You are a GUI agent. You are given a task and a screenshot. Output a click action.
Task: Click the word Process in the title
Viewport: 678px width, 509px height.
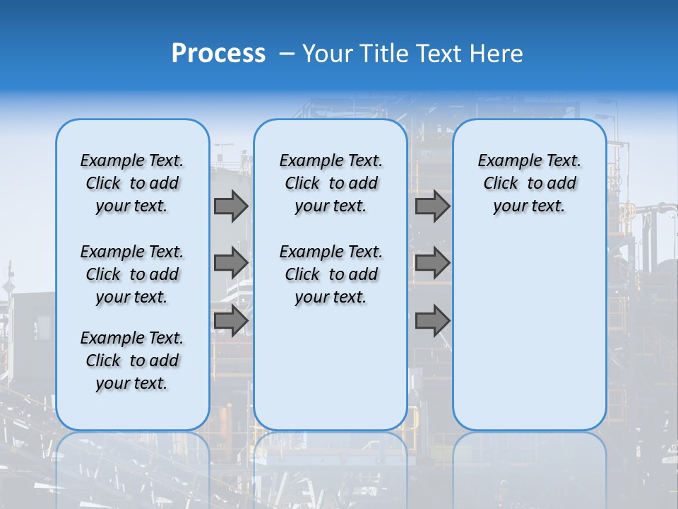[x=218, y=54]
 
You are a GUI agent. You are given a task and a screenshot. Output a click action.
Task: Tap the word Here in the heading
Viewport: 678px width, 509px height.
[x=497, y=54]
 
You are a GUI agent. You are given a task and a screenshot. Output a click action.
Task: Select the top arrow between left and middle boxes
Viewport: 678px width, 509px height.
[x=231, y=206]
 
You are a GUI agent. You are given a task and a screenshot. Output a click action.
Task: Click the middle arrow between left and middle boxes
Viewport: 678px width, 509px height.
[x=231, y=263]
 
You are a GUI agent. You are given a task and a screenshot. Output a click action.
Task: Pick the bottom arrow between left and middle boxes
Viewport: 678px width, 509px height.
[x=231, y=320]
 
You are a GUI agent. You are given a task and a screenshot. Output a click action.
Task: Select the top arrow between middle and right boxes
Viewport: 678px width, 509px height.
[x=432, y=206]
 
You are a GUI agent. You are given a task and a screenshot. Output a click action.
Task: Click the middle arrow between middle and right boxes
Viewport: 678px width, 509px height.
[x=432, y=263]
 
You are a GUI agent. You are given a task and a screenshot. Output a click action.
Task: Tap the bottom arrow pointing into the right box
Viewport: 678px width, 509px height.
[x=432, y=320]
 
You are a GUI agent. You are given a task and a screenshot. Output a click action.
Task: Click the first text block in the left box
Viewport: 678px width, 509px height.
[x=132, y=183]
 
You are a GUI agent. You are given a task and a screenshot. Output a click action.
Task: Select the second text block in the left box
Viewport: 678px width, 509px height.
[x=132, y=274]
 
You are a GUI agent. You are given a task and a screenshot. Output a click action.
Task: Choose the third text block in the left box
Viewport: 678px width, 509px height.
[x=132, y=361]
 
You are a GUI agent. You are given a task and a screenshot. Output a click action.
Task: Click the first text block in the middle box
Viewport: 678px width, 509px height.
[x=331, y=183]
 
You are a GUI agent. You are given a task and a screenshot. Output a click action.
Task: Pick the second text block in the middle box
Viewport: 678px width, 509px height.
[x=331, y=274]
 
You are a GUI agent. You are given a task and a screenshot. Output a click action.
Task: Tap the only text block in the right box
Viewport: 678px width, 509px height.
[x=529, y=183]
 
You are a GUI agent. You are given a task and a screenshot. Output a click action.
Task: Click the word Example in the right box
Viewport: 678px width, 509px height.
[x=505, y=161]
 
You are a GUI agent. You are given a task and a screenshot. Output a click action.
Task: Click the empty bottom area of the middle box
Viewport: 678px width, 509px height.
[x=331, y=375]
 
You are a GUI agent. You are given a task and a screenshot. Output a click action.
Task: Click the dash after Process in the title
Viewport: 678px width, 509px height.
[x=286, y=54]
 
